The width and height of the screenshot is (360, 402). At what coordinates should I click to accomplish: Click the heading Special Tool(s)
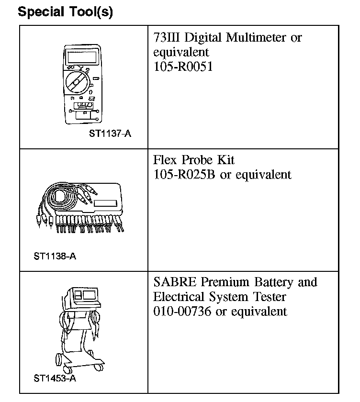tap(65, 12)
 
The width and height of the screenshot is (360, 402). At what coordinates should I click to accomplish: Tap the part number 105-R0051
tap(183, 67)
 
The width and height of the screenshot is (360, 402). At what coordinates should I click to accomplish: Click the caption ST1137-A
tap(110, 134)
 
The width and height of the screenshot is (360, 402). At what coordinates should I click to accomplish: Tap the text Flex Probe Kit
tap(194, 160)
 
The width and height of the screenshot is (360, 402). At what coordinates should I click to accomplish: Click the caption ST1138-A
tap(55, 256)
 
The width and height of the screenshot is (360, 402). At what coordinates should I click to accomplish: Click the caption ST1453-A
tap(55, 378)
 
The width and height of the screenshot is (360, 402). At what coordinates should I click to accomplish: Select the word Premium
tap(219, 282)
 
